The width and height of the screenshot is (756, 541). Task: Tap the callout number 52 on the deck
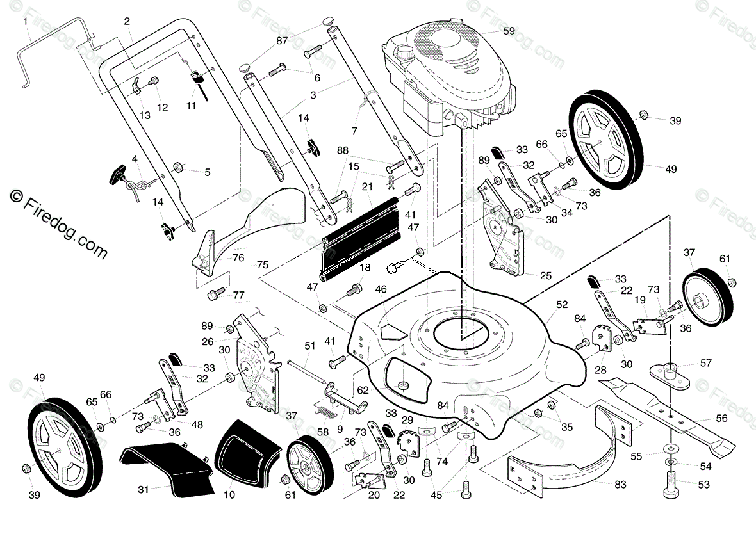[x=562, y=305]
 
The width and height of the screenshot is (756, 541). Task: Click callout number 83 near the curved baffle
[x=620, y=483]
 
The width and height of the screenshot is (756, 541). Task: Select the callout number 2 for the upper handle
[x=127, y=21]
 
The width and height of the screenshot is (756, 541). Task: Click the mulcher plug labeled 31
[x=167, y=465]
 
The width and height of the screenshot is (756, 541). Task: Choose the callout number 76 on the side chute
[x=238, y=258]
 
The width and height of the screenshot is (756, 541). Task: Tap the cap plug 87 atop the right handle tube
[x=327, y=22]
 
